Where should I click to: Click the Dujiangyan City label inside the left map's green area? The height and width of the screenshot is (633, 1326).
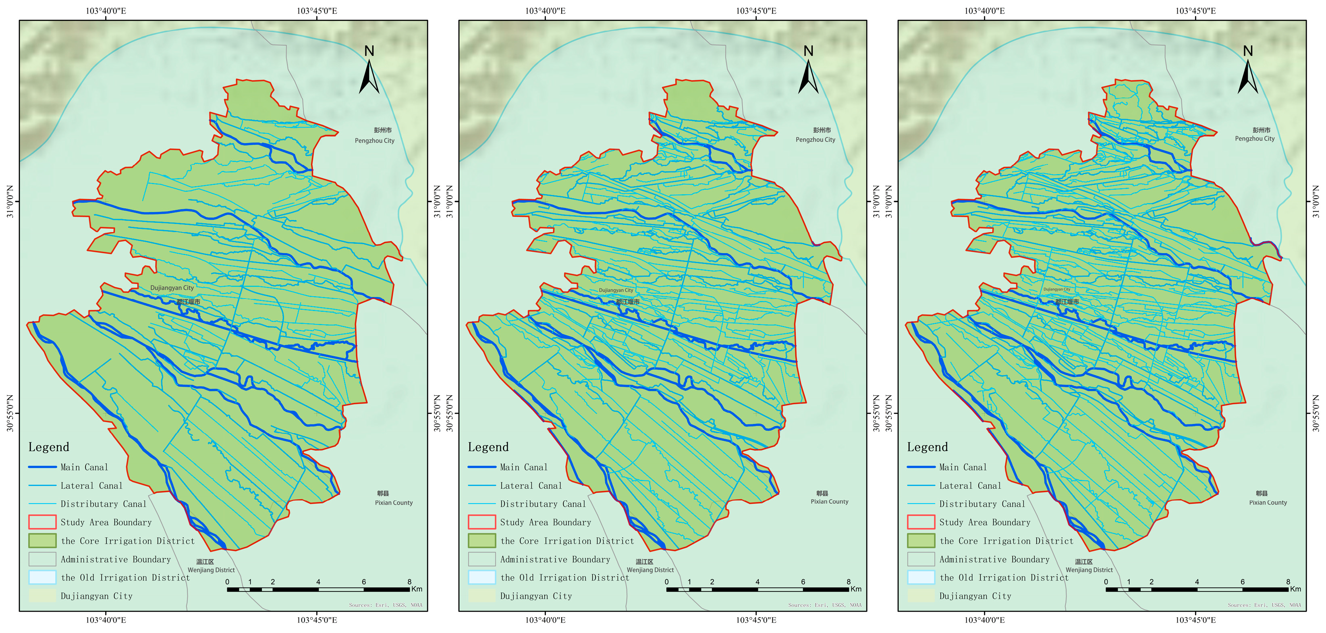click(x=172, y=288)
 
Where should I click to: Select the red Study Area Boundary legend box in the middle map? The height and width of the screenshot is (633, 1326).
click(x=482, y=522)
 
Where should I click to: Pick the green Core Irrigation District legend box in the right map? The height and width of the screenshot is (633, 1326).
click(x=921, y=541)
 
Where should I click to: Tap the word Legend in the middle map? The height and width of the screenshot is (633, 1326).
click(x=488, y=447)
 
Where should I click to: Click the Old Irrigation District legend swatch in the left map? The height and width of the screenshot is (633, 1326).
click(x=42, y=577)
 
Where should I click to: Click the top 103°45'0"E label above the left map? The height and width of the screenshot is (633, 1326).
click(x=317, y=11)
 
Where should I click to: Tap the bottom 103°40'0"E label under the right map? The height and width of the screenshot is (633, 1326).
click(x=984, y=620)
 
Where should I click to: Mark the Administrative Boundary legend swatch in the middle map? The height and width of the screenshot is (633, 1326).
click(x=482, y=559)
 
